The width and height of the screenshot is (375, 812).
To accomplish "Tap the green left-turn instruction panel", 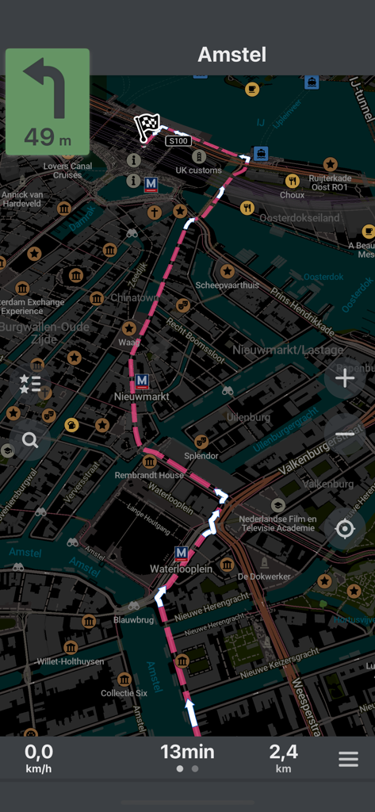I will [48, 101].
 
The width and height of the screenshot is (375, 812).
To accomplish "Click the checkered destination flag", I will [147, 126].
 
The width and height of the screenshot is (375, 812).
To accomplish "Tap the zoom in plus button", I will [345, 379].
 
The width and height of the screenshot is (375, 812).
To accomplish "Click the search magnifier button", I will [30, 440].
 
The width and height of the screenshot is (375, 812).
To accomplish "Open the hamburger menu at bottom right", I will [348, 759].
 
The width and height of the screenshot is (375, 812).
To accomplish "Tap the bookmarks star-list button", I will [30, 385].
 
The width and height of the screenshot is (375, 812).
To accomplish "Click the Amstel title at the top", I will [232, 55].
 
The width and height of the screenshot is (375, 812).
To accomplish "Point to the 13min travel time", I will [187, 752].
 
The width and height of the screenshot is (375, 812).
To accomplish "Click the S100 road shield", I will [178, 141].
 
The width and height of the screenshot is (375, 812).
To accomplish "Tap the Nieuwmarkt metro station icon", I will [142, 381].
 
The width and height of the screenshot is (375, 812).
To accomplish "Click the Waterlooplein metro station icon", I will [182, 553].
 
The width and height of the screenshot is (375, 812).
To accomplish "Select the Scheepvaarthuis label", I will [227, 285].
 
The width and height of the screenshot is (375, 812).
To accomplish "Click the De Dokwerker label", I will [264, 576].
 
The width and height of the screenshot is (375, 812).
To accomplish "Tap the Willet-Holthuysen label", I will [70, 661].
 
